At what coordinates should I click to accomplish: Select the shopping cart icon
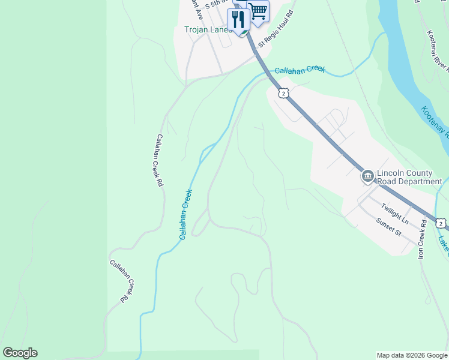[x=258, y=11]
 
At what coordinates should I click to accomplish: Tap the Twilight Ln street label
[x=394, y=213]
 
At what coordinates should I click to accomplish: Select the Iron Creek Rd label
[x=422, y=239]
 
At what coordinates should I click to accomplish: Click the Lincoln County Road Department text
[x=409, y=177]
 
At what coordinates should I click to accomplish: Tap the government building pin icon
[x=367, y=177]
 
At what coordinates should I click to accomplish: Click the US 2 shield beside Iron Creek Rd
[x=441, y=223]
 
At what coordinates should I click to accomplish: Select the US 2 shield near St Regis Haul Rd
[x=283, y=92]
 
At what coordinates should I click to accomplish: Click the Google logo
[x=20, y=353]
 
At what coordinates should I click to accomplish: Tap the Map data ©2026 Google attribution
[x=412, y=355]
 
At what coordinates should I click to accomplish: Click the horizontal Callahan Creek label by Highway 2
[x=300, y=70]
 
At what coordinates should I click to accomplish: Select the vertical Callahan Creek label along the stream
[x=186, y=214]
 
